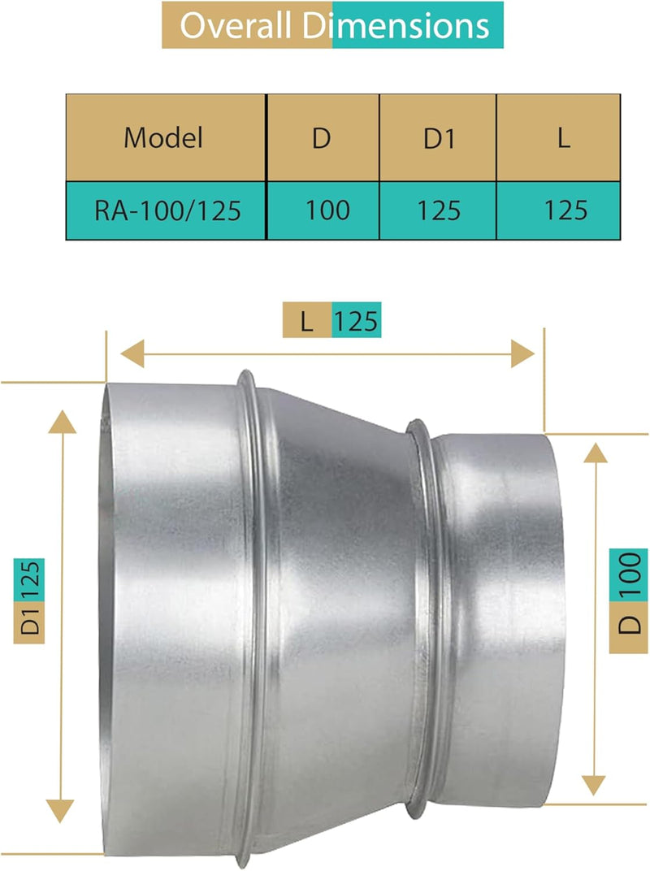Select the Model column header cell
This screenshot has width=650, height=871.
click(x=163, y=137)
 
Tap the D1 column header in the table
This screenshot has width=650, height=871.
click(x=439, y=137)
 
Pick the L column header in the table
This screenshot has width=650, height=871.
click(x=564, y=137)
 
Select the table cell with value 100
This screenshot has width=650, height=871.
click(x=327, y=210)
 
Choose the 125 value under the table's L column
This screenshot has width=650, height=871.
click(x=565, y=210)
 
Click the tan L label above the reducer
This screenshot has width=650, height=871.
click(x=306, y=321)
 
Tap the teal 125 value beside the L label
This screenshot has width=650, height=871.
click(x=356, y=321)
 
